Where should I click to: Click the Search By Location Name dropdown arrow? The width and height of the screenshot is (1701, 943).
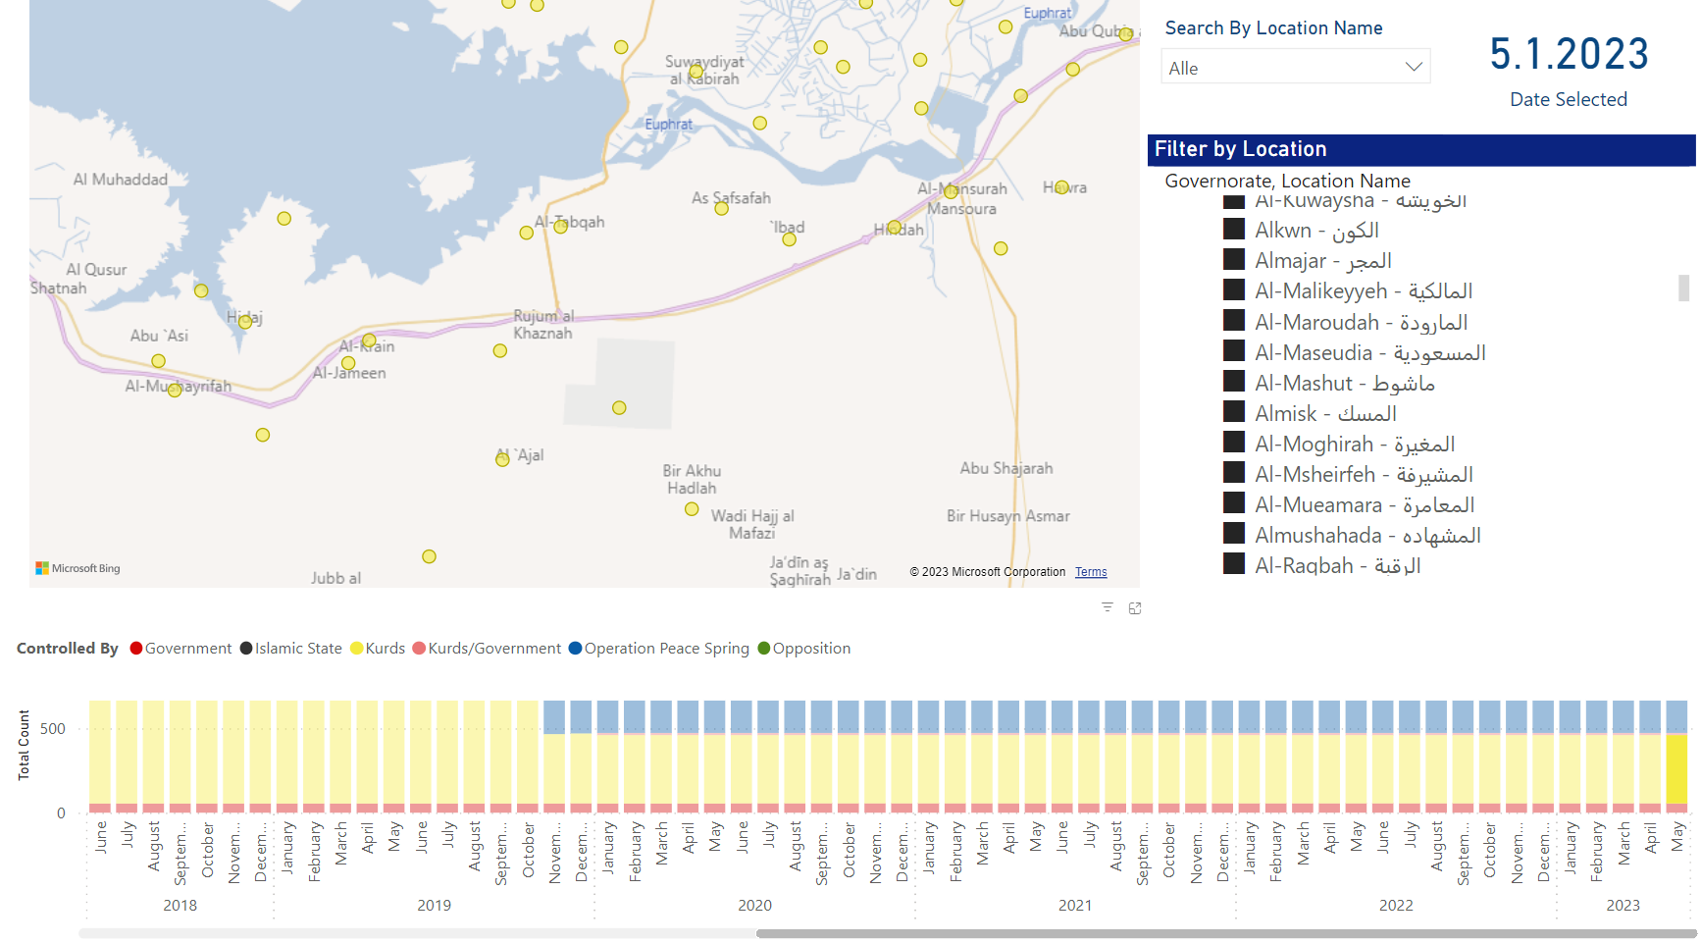point(1413,67)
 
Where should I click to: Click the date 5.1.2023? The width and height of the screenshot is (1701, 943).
point(1569,54)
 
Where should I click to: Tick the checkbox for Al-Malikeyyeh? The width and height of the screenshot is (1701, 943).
point(1234,290)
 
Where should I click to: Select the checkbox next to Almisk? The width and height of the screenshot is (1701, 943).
point(1234,413)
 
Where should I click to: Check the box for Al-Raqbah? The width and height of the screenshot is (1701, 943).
point(1234,564)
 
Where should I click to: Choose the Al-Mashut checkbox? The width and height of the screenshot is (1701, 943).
point(1234,382)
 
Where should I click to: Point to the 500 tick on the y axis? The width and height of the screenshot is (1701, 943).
point(53,729)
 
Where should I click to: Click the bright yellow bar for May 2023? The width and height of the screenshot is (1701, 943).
point(1676,769)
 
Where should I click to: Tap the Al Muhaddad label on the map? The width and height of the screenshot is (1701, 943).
point(120,180)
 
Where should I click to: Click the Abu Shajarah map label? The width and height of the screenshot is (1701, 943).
point(1005,468)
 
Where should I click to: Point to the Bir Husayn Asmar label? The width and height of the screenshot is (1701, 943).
point(1007,516)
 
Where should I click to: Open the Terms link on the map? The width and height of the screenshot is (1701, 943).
point(1090,572)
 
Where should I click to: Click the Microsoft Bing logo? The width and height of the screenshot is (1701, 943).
point(78,568)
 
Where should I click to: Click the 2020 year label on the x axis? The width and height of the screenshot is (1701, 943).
point(754,905)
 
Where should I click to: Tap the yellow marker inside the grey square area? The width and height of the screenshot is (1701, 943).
point(619,408)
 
